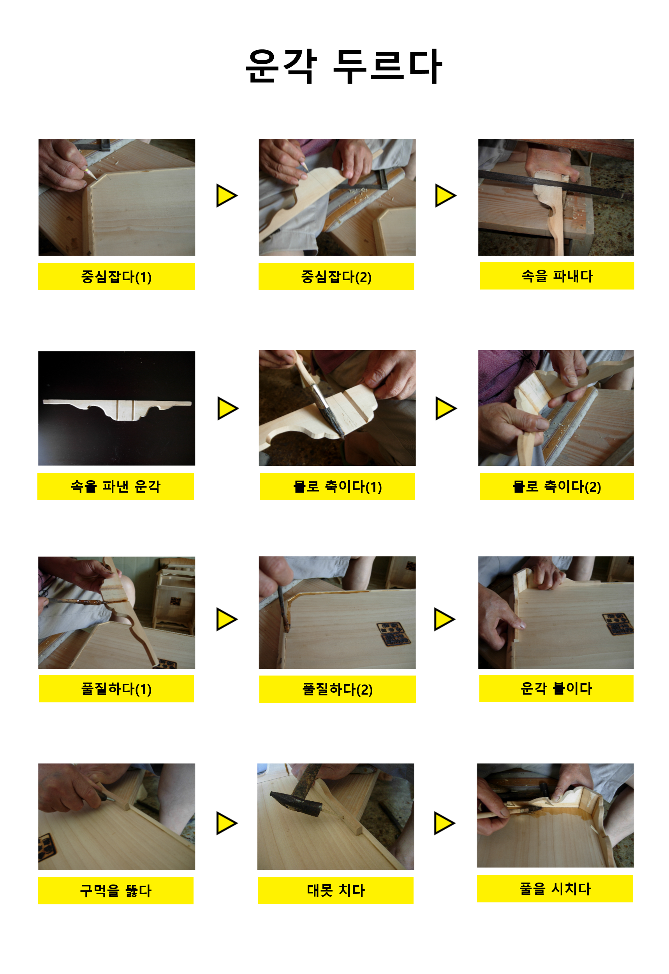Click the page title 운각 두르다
tap(343, 66)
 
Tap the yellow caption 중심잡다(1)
tap(116, 277)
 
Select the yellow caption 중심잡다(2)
tap(336, 277)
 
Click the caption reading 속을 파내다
tap(557, 276)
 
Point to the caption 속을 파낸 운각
tap(116, 486)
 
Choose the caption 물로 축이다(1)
tap(337, 486)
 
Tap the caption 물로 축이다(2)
tap(556, 486)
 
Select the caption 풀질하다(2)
tap(337, 689)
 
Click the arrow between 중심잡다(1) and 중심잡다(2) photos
tap(227, 195)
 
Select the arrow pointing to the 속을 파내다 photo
tap(445, 195)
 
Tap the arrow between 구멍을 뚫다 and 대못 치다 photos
tap(227, 823)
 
